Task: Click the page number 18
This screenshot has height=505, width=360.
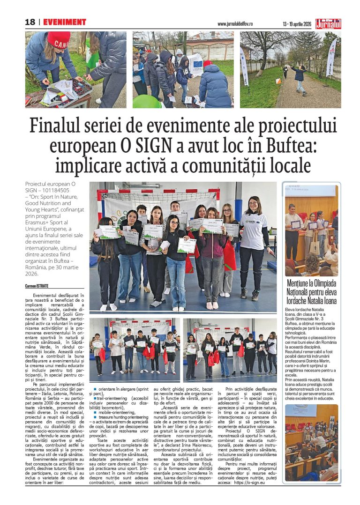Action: (30, 22)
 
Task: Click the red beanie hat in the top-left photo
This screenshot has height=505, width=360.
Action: (59, 39)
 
